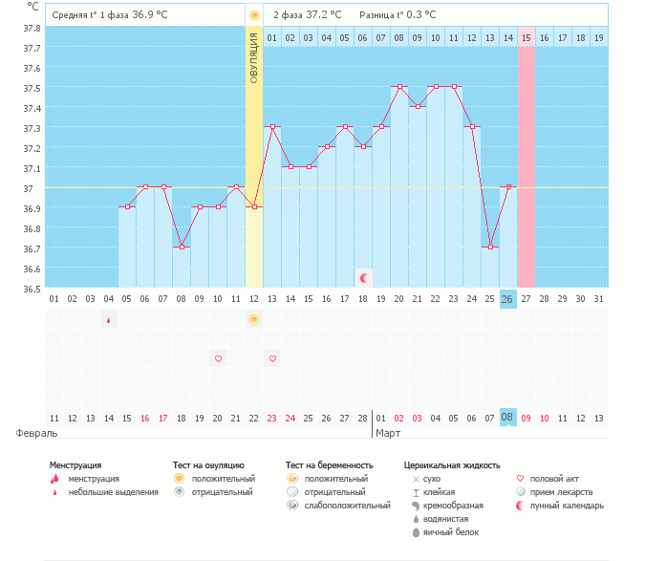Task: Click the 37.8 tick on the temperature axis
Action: click(x=32, y=29)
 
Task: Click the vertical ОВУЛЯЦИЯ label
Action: click(x=253, y=57)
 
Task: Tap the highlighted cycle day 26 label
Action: click(x=507, y=299)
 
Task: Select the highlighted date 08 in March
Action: click(x=507, y=418)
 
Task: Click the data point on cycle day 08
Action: click(x=182, y=247)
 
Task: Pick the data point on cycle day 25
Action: click(x=489, y=247)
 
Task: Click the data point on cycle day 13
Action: click(x=272, y=126)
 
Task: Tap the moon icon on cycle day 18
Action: click(x=363, y=277)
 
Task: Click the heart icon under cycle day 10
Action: click(x=218, y=358)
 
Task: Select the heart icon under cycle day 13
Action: click(x=272, y=358)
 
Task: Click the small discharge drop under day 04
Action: click(x=108, y=319)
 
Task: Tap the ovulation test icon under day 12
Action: click(x=253, y=319)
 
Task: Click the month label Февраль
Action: click(x=35, y=433)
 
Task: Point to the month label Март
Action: click(x=388, y=433)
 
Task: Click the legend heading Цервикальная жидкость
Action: click(x=452, y=465)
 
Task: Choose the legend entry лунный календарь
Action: click(x=568, y=505)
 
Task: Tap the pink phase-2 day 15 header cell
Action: click(x=526, y=37)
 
